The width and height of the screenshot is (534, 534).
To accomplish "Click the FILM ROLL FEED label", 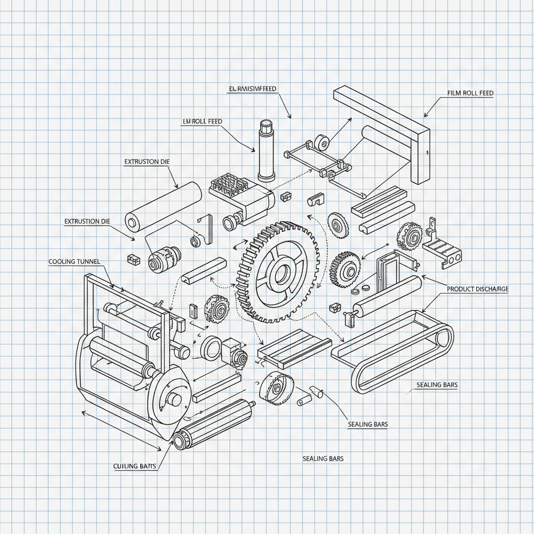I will click(x=470, y=93).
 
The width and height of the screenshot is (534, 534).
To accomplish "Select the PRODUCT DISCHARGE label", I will click(x=477, y=289).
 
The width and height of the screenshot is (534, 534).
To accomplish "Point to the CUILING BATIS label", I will click(x=135, y=466).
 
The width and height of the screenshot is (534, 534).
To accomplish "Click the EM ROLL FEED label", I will click(x=202, y=121).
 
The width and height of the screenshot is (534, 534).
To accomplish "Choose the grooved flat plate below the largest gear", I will click(x=295, y=349).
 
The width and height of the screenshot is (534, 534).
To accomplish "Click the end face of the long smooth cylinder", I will click(x=132, y=222).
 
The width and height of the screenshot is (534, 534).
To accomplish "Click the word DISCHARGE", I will click(x=490, y=289).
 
